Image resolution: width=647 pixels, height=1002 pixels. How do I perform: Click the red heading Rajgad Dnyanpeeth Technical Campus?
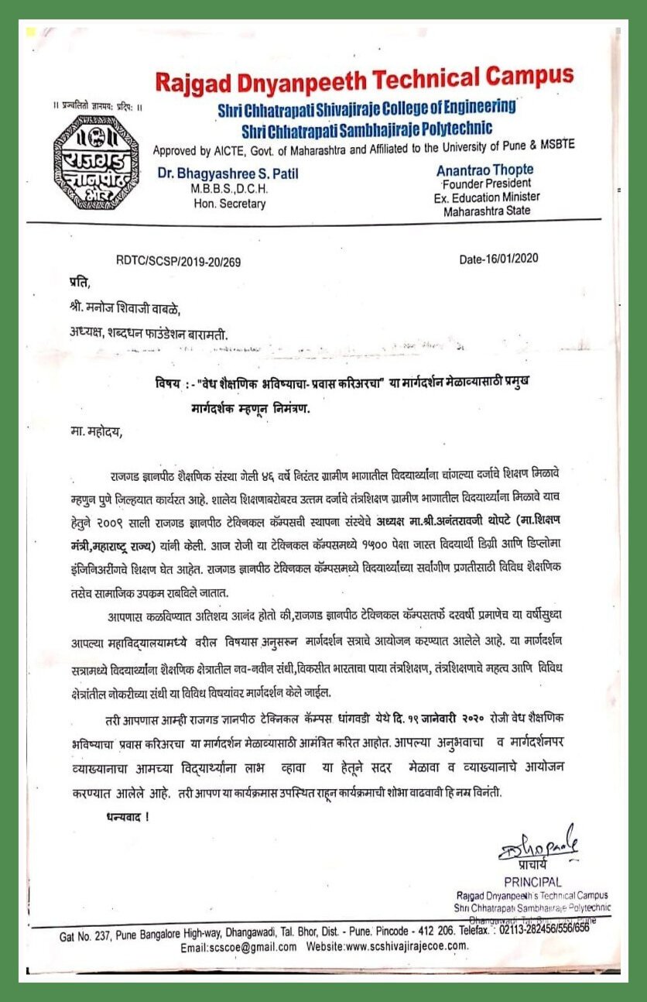[x=365, y=79]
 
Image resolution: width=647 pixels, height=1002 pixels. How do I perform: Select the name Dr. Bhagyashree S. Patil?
[x=228, y=173]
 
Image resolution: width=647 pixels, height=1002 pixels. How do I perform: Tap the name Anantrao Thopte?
[x=485, y=170]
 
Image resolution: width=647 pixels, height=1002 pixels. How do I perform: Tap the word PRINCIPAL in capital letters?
[x=532, y=882]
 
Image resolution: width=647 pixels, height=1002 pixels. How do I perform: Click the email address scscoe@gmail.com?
[x=238, y=947]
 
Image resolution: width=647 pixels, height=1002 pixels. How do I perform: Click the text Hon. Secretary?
[x=230, y=204]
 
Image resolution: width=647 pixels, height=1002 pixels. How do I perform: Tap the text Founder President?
[x=487, y=184]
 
